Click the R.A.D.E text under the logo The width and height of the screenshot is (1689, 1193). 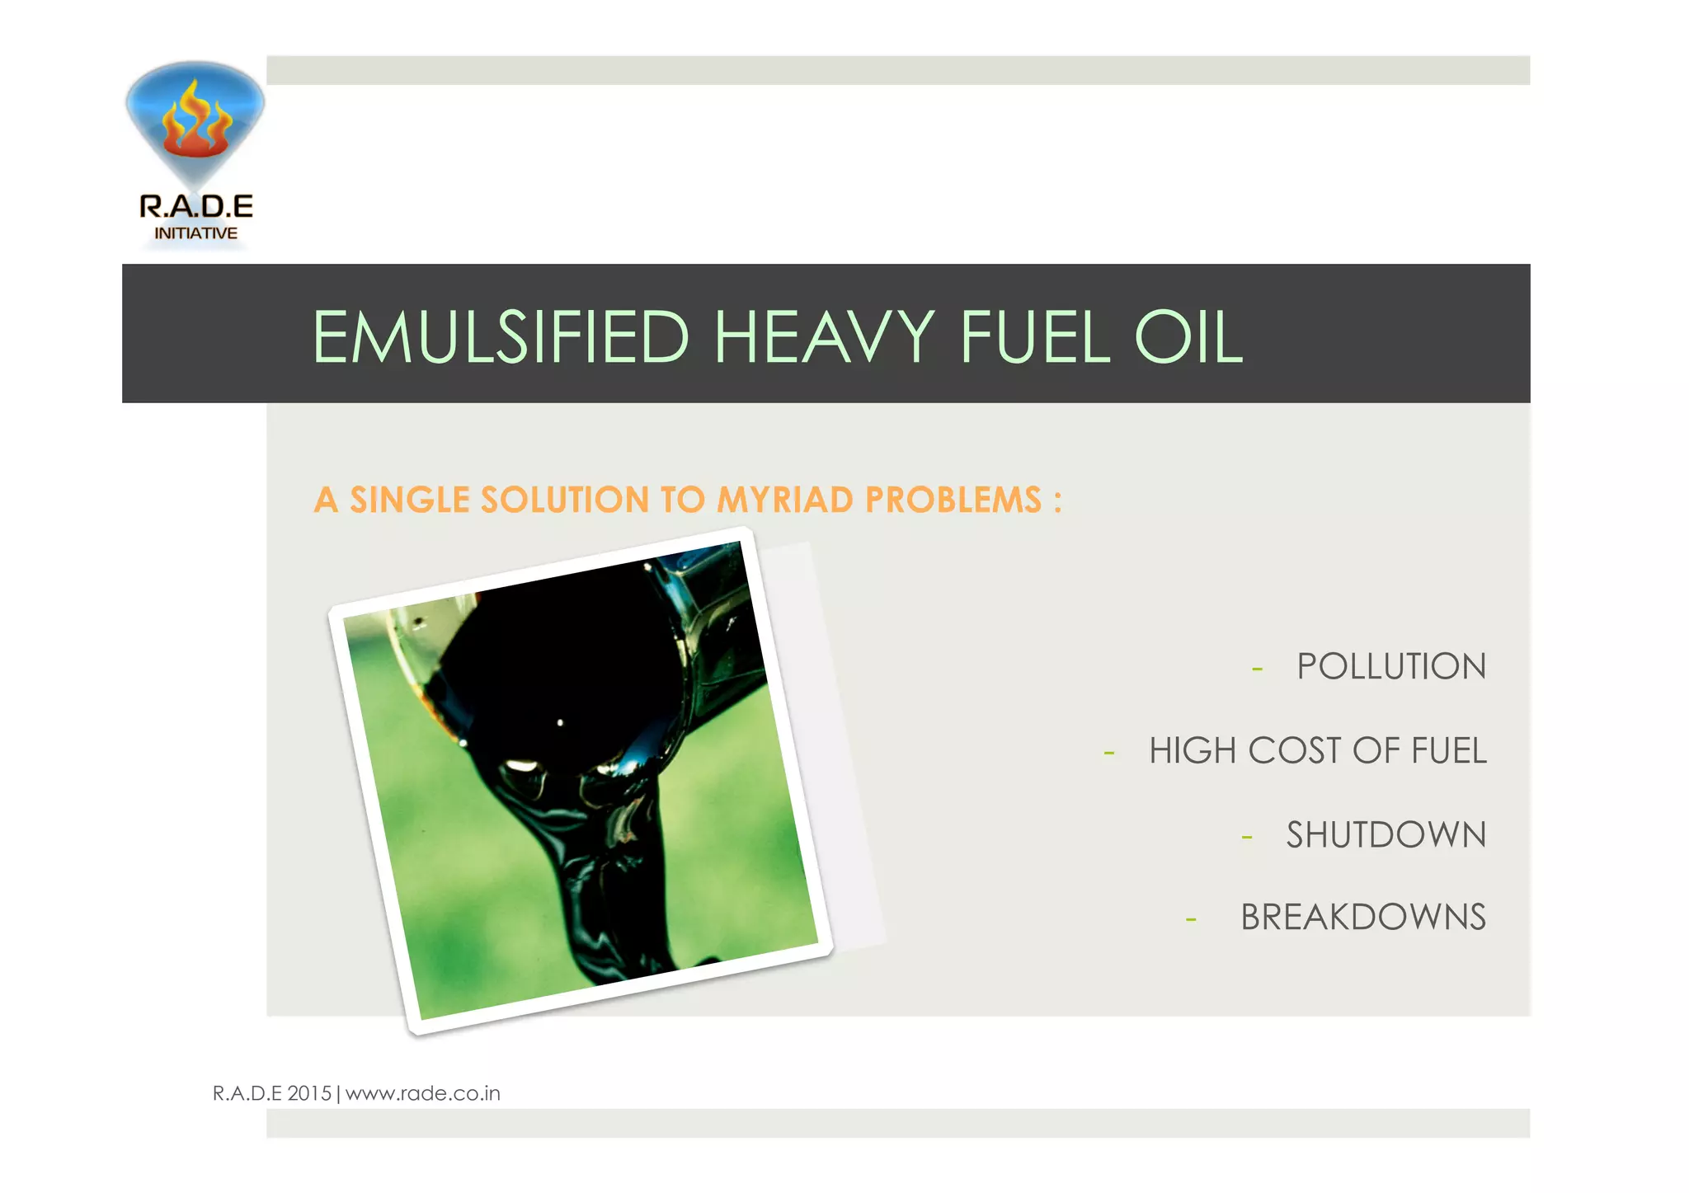pos(196,206)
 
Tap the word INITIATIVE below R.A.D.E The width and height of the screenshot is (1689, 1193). pos(196,233)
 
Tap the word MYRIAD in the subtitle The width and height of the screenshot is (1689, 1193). pos(784,500)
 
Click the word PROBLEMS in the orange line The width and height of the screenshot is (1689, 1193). pos(953,500)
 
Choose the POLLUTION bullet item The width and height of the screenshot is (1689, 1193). pos(1390,666)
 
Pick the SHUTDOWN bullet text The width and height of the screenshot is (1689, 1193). pos(1386,835)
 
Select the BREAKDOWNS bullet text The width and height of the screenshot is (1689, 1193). pos(1362,918)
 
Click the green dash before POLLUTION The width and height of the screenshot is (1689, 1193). pos(1257,669)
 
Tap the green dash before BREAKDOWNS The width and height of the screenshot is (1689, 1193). pos(1191,919)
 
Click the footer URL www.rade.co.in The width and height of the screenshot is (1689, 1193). pos(422,1093)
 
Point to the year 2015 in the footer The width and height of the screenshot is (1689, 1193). pos(309,1093)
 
